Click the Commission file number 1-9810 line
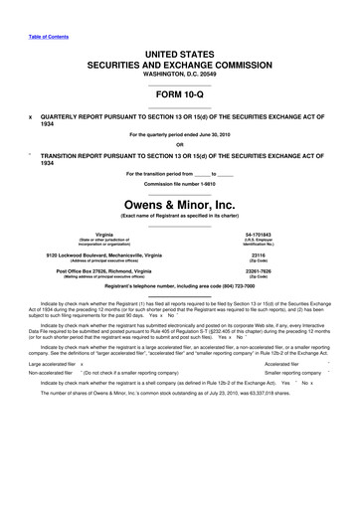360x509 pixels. [x=180, y=185]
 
